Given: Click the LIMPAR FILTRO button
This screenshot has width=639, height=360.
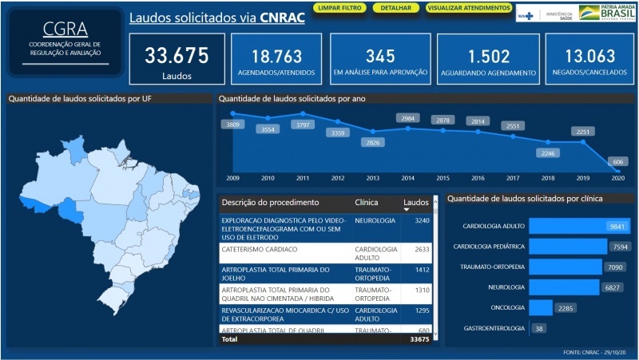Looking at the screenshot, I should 339,8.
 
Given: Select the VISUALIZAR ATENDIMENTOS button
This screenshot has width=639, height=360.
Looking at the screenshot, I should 468,8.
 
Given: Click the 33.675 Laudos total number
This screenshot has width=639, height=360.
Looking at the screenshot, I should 177,56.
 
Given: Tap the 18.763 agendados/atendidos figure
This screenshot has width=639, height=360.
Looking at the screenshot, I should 276,57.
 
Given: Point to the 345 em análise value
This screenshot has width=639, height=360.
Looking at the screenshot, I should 380,57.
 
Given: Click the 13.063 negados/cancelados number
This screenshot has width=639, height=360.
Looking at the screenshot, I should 589,57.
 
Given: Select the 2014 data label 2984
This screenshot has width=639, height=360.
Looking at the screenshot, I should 408,119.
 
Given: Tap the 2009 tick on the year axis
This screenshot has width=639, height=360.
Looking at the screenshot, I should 232,178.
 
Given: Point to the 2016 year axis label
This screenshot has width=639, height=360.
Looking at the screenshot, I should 478,178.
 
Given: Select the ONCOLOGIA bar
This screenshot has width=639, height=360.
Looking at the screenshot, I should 540,307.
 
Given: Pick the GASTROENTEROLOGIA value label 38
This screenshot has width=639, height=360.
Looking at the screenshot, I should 539,328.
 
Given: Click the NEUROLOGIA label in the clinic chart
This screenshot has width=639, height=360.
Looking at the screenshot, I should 506,287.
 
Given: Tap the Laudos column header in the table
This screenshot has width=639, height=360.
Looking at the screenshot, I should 415,203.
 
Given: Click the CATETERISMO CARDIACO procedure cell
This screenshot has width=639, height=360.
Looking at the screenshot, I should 264,249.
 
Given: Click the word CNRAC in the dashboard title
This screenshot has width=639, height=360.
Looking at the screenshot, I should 282,18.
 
